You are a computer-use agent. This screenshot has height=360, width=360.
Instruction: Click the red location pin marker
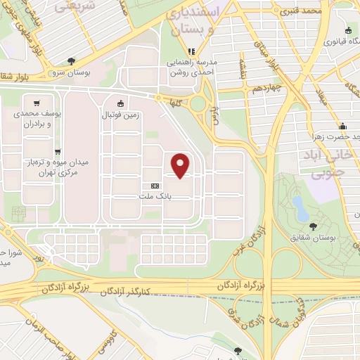(x=181, y=165)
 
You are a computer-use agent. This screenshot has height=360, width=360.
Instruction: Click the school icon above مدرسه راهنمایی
(x=191, y=51)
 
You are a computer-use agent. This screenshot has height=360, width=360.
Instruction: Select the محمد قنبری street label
(x=302, y=11)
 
